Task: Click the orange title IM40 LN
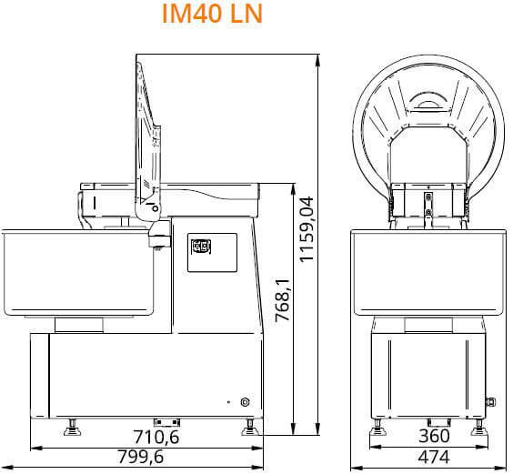[x=212, y=14]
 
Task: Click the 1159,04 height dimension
[x=307, y=229]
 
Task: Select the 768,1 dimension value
[x=283, y=300]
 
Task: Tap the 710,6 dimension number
[x=156, y=437]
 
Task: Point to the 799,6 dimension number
[x=141, y=457]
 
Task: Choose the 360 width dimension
[x=434, y=436]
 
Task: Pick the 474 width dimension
[x=434, y=457]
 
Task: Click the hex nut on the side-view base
[x=246, y=402]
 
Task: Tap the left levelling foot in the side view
[x=73, y=428]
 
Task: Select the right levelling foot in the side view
[x=249, y=428]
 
